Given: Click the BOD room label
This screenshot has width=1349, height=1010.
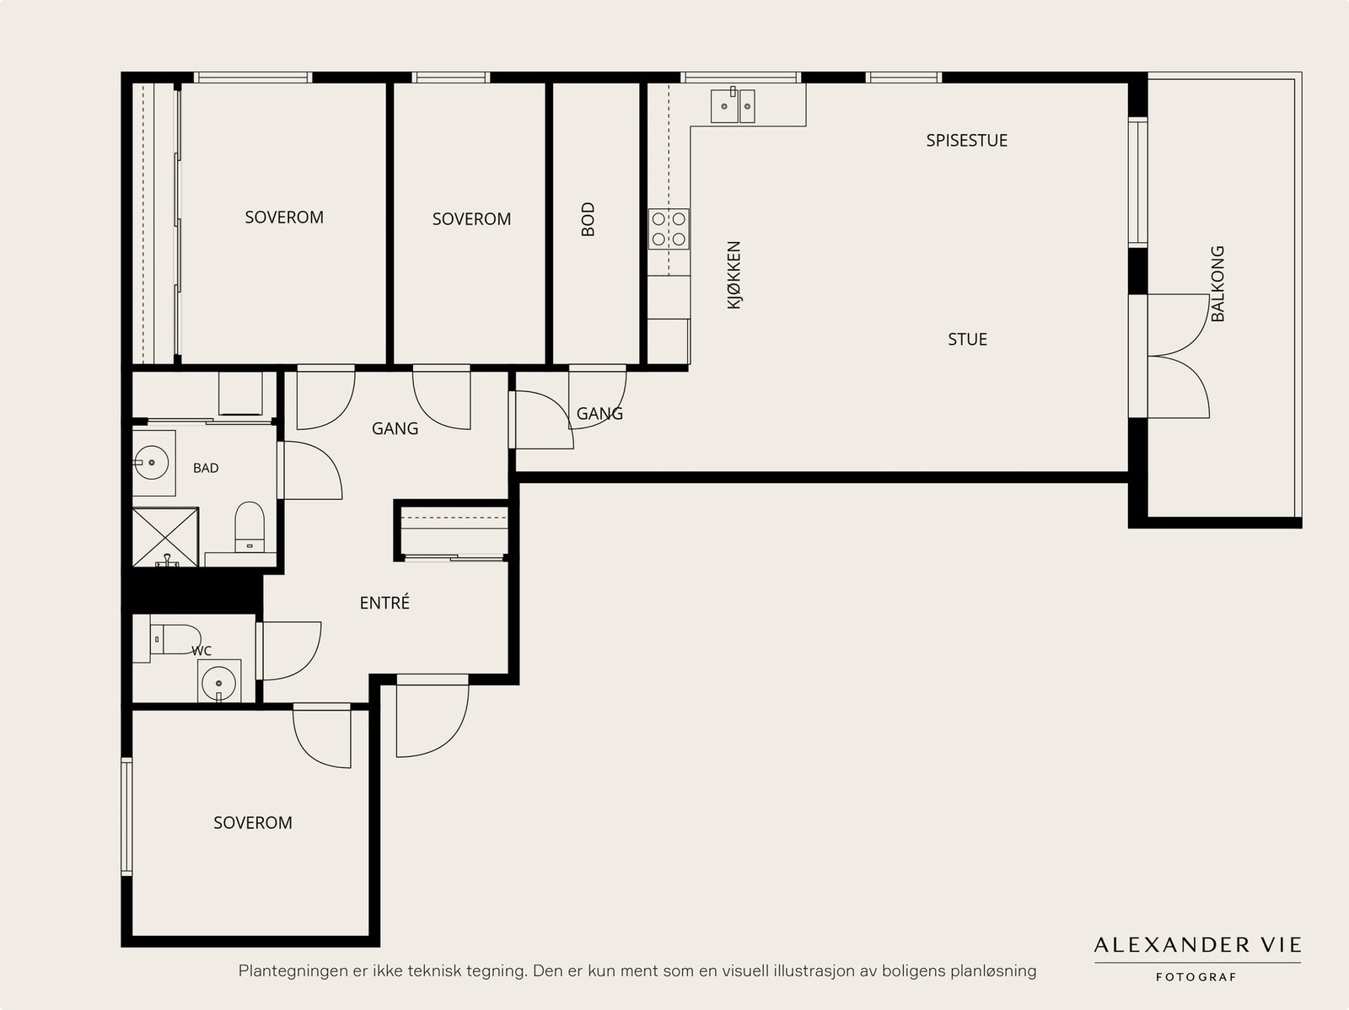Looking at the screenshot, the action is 589,219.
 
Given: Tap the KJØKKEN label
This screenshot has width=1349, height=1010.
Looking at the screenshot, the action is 734,275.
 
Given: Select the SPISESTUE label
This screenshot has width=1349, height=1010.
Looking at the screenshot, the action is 967,141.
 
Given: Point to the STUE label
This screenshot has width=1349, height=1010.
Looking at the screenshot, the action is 967,339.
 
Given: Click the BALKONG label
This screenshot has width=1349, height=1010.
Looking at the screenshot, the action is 1217,284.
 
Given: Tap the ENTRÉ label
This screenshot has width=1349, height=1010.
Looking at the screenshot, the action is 384,603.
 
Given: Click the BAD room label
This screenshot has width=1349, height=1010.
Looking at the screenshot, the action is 206,468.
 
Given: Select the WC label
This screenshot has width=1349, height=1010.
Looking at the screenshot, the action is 202,651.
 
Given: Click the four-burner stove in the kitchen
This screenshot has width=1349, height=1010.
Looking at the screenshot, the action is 669,229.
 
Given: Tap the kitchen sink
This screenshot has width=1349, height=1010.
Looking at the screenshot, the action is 733,105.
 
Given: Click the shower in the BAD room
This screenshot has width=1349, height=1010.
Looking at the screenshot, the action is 165,537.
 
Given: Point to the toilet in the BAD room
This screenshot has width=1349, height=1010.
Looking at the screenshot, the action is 250,527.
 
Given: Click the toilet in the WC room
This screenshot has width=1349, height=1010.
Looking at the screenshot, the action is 175,640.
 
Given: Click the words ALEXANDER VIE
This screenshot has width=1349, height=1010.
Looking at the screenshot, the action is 1197,945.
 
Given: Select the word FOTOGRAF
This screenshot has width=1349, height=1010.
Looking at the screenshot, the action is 1196,977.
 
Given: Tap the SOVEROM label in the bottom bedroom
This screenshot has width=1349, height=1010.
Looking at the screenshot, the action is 253,823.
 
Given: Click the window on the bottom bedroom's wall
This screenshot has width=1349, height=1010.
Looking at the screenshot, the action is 126,816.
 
